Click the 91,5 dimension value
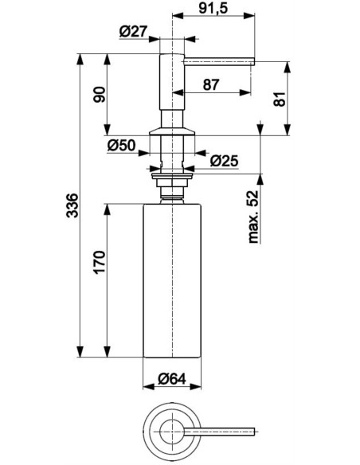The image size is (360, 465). coord(213,8)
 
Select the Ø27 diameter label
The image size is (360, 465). coord(134,31)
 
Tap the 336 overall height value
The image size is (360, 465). coord(72,205)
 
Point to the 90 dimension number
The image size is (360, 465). coord(99,95)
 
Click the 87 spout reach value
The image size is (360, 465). coord(211,84)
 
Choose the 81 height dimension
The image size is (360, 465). coord(280,99)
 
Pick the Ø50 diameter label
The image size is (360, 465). coord(121,146)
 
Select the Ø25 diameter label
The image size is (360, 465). coord(224,161)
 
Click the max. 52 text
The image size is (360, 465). coord(253,217)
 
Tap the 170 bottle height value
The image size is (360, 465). coord(99,262)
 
